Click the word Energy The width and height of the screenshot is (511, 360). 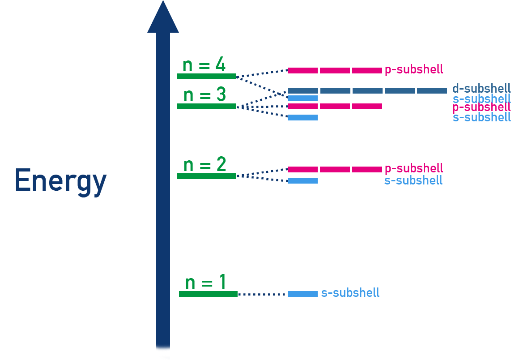tap(60, 180)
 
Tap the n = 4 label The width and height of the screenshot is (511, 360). tap(204, 65)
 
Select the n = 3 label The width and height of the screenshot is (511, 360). tap(204, 95)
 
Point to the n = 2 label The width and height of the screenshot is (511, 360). tap(204, 165)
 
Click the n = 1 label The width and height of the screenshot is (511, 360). tap(205, 283)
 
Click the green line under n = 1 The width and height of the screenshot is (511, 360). tap(208, 294)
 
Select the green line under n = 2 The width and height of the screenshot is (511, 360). tap(206, 176)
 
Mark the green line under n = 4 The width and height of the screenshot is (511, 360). tap(206, 76)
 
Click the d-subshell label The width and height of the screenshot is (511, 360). tap(481, 89)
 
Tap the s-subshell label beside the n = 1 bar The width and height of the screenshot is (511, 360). tap(350, 293)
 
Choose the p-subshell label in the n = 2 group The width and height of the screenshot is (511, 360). tap(413, 168)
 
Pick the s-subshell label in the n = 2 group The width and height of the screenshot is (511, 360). tap(413, 180)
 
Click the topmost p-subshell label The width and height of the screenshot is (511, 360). tap(413, 69)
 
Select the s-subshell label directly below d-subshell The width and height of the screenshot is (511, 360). tap(481, 99)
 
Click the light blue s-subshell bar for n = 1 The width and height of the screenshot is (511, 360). tap(302, 294)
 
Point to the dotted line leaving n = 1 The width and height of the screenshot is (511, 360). tap(262, 294)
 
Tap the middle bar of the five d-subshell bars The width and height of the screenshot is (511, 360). tap(367, 90)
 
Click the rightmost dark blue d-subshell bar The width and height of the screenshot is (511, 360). tap(432, 90)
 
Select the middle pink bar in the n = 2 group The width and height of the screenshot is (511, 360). tap(335, 169)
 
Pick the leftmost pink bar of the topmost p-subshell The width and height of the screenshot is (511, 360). tap(302, 70)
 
